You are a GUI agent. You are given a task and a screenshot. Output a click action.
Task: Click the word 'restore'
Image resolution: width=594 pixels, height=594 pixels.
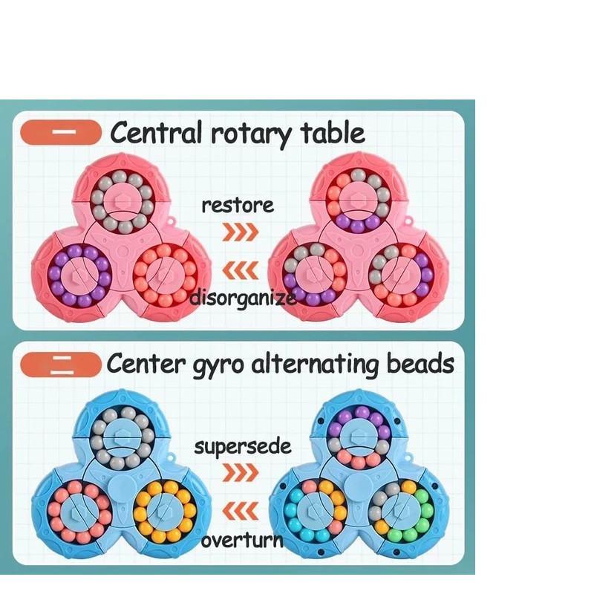point(238,205)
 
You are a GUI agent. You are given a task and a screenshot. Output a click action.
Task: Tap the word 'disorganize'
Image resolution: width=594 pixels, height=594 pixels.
point(244,298)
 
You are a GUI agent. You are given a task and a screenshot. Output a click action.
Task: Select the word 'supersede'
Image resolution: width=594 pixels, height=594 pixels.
point(242,447)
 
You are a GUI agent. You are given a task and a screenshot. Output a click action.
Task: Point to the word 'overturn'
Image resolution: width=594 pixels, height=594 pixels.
point(242,540)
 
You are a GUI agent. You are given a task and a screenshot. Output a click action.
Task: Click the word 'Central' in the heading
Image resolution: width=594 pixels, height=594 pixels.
point(156,134)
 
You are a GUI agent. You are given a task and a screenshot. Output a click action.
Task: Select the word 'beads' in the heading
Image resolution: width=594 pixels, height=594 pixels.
point(419,364)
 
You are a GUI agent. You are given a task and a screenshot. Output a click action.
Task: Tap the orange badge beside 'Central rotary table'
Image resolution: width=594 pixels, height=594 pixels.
point(61,132)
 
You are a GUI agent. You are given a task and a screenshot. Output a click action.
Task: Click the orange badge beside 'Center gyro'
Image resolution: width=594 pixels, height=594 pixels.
point(61,365)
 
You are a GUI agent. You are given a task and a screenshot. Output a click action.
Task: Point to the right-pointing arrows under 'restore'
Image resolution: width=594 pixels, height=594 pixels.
point(241,232)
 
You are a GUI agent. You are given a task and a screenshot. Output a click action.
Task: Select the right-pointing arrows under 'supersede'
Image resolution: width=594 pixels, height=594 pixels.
point(241,472)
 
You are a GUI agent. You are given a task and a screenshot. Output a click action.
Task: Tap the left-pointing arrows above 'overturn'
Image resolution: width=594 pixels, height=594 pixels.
point(241,511)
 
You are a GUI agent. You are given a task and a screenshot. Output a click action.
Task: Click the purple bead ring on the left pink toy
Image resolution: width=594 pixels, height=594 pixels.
point(79,276)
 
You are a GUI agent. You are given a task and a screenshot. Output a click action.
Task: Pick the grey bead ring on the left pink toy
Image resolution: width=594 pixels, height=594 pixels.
point(121,202)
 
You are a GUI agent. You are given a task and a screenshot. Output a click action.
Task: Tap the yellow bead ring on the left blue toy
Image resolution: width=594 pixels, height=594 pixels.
point(164,511)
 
